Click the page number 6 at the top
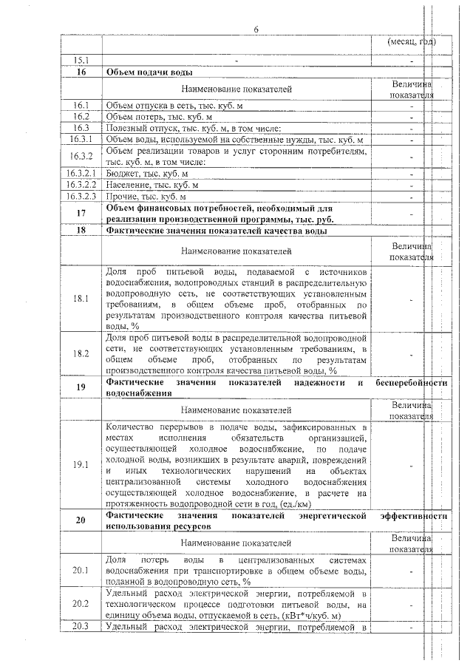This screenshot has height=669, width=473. click(256, 30)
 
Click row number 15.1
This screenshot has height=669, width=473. click(81, 59)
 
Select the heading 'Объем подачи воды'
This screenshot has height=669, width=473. click(150, 72)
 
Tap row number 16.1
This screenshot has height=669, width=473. click(81, 106)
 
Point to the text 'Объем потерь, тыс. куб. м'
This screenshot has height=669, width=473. click(159, 117)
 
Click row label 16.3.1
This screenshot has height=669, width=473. click(81, 139)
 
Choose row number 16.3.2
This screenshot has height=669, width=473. click(81, 156)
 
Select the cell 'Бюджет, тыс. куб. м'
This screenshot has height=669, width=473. click(147, 173)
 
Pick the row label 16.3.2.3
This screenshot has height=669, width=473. click(81, 197)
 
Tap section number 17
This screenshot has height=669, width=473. click(81, 214)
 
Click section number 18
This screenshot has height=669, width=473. click(81, 231)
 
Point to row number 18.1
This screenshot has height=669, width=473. click(81, 299)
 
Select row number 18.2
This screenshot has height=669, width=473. click(81, 353)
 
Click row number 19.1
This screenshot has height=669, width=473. click(81, 464)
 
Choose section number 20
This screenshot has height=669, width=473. click(81, 520)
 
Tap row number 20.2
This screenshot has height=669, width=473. click(81, 604)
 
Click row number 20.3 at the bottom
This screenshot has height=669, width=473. click(81, 627)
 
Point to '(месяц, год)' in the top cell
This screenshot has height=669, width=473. click(411, 41)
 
